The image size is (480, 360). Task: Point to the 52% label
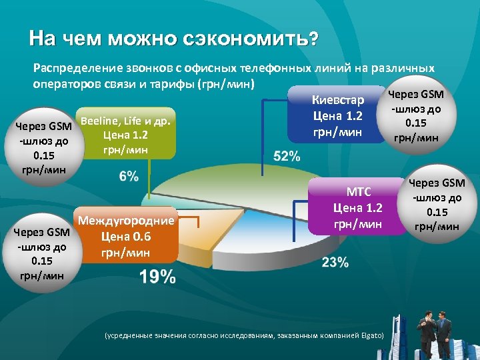pyautogui.click(x=287, y=156)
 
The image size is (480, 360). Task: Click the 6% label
pyautogui.click(x=129, y=176)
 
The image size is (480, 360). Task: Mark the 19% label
pyautogui.click(x=158, y=277)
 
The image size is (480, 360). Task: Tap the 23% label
pyautogui.click(x=335, y=262)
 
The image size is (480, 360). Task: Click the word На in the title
pyautogui.click(x=40, y=39)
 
